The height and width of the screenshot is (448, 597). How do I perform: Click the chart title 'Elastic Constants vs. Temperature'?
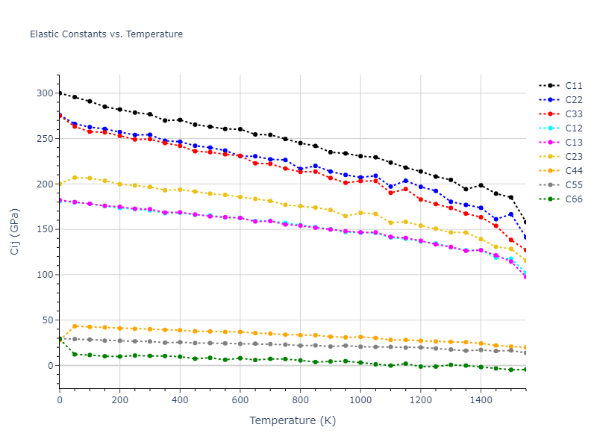tap(106, 34)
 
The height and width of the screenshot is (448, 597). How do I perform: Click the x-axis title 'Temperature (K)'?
tap(293, 421)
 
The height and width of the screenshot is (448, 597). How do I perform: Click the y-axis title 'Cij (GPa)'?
tap(15, 231)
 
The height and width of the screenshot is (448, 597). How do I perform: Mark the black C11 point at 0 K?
tap(60, 93)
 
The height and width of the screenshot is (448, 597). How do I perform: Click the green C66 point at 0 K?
tap(60, 339)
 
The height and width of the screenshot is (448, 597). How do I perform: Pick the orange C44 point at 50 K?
tap(75, 326)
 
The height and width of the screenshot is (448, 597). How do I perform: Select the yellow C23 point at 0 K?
tap(60, 184)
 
